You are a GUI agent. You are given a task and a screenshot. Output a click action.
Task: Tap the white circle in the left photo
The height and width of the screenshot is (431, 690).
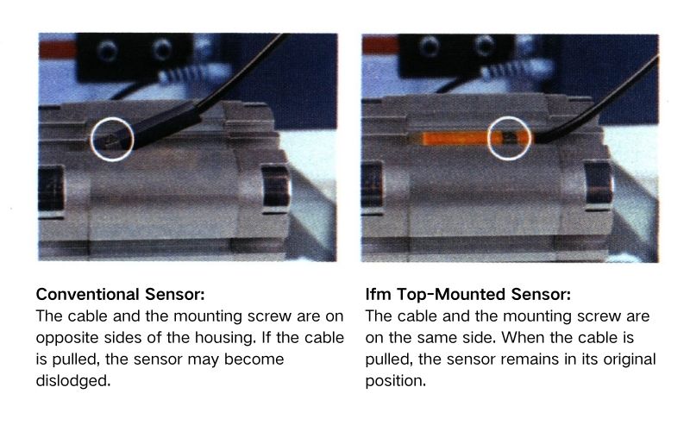coord(112,137)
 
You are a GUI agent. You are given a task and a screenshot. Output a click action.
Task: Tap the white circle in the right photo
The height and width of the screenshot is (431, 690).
coord(508,138)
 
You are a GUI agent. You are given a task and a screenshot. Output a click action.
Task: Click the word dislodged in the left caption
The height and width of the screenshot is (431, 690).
coord(74,379)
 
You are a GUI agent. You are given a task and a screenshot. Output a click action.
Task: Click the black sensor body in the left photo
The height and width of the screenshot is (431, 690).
coord(160,128)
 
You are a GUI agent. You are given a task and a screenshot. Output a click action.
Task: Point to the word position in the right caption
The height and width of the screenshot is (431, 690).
coord(395,379)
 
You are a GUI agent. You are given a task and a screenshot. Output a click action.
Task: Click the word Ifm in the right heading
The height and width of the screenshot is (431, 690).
coord(377,293)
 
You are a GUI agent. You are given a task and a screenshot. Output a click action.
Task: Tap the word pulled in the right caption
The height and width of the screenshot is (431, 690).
coord(389,358)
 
